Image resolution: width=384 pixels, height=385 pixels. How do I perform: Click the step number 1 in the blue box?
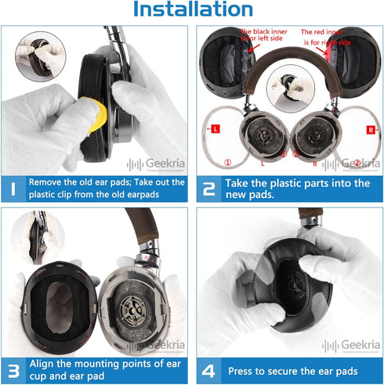(13, 189)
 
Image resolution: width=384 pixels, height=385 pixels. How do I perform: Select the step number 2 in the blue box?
(208, 189)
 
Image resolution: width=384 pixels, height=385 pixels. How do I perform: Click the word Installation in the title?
(192, 10)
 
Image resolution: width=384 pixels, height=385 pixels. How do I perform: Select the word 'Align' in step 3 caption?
(43, 363)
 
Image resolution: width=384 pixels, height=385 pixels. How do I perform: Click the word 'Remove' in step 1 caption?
(49, 182)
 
